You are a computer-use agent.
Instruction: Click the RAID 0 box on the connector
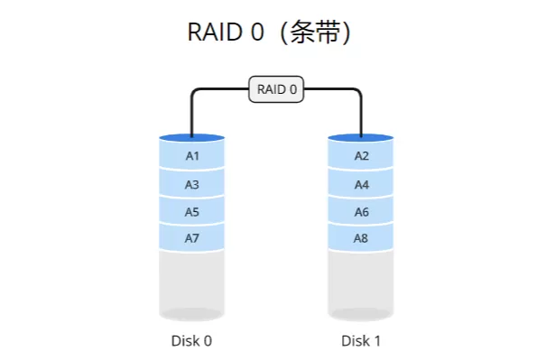(x=277, y=89)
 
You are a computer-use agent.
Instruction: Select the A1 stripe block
(x=191, y=156)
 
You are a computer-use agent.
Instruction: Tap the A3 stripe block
(x=191, y=184)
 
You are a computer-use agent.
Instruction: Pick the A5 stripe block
(x=191, y=212)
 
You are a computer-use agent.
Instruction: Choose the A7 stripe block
(x=191, y=239)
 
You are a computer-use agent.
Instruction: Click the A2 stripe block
(x=361, y=156)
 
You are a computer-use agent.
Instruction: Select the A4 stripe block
(x=361, y=184)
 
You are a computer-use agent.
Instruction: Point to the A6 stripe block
(x=361, y=212)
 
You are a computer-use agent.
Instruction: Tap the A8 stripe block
(x=361, y=239)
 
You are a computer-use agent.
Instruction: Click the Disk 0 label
(x=191, y=341)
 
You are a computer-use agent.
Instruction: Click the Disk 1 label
(x=361, y=341)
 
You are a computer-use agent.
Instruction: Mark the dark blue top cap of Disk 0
(x=191, y=138)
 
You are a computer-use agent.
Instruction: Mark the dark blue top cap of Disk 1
(x=361, y=138)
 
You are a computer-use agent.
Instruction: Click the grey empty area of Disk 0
(x=191, y=284)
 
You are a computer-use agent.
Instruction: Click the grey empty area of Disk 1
(x=361, y=284)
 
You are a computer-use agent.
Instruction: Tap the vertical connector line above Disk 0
(x=191, y=115)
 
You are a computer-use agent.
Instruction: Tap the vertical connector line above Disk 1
(x=361, y=115)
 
